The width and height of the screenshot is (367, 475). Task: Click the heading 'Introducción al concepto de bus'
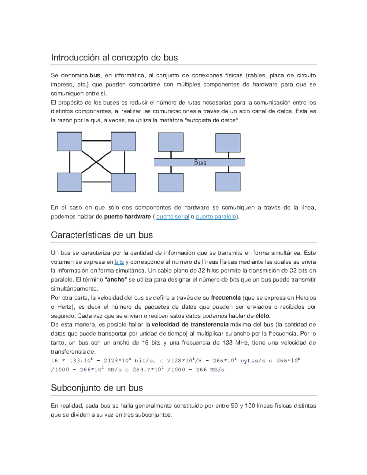(x=114, y=58)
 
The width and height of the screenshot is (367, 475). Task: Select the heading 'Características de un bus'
(x=102, y=235)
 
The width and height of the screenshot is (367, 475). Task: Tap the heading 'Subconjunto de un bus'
(x=97, y=388)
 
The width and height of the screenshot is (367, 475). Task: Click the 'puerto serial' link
(x=172, y=217)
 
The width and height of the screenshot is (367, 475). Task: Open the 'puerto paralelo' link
(x=216, y=217)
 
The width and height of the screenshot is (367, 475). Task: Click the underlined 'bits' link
(x=119, y=262)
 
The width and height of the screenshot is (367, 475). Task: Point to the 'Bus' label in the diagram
(x=200, y=162)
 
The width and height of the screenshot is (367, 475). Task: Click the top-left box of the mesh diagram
(x=69, y=142)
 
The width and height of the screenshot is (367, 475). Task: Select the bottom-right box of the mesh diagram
(x=124, y=183)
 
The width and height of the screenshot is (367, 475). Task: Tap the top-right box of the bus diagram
(x=228, y=143)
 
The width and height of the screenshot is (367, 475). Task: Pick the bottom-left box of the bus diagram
(x=171, y=183)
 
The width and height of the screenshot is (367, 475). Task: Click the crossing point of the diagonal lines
(x=97, y=162)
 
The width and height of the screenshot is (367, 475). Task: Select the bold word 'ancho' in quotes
(x=115, y=280)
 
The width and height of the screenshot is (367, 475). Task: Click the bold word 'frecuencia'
(x=226, y=298)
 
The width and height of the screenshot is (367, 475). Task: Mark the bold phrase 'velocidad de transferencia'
(x=190, y=325)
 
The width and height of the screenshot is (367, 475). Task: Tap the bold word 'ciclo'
(x=262, y=316)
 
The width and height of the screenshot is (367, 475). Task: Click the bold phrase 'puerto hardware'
(x=127, y=217)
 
